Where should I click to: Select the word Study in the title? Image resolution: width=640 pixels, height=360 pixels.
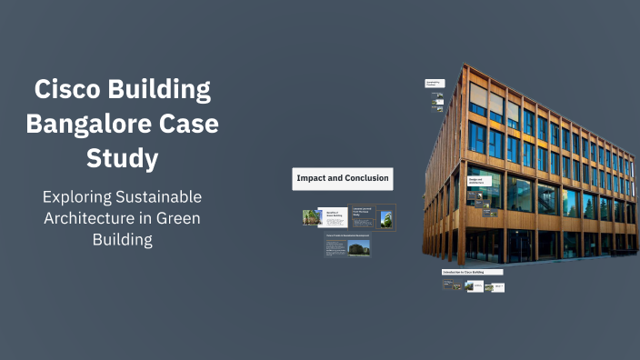[122, 157]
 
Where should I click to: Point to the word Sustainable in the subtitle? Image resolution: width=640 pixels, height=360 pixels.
[159, 197]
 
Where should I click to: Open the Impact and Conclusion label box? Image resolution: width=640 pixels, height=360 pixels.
[342, 178]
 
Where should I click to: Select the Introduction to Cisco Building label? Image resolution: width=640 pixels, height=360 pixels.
[463, 272]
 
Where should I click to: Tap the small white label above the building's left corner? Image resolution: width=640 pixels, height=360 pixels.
[434, 84]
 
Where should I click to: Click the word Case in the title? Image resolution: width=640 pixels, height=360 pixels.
[187, 124]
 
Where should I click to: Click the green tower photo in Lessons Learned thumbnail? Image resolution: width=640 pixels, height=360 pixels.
[386, 218]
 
